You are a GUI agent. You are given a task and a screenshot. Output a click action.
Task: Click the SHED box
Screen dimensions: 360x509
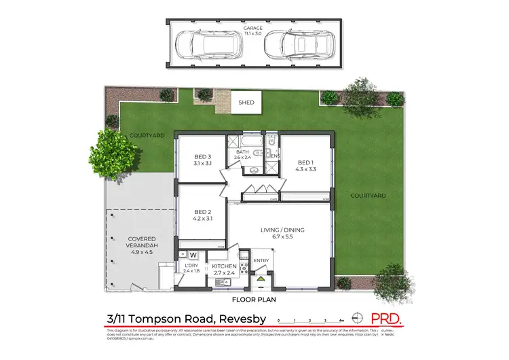click(x=246, y=103)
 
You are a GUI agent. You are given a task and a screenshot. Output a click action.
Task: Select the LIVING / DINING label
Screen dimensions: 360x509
click(x=282, y=230)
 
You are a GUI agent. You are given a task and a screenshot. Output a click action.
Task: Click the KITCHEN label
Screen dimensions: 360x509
click(x=223, y=266)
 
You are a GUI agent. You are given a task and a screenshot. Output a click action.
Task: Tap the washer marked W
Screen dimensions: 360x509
click(x=193, y=255)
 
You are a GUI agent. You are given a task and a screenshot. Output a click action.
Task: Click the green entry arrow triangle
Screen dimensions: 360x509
click(x=261, y=278)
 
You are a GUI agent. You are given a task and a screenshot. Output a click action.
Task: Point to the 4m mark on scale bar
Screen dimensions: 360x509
click(x=341, y=319)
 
